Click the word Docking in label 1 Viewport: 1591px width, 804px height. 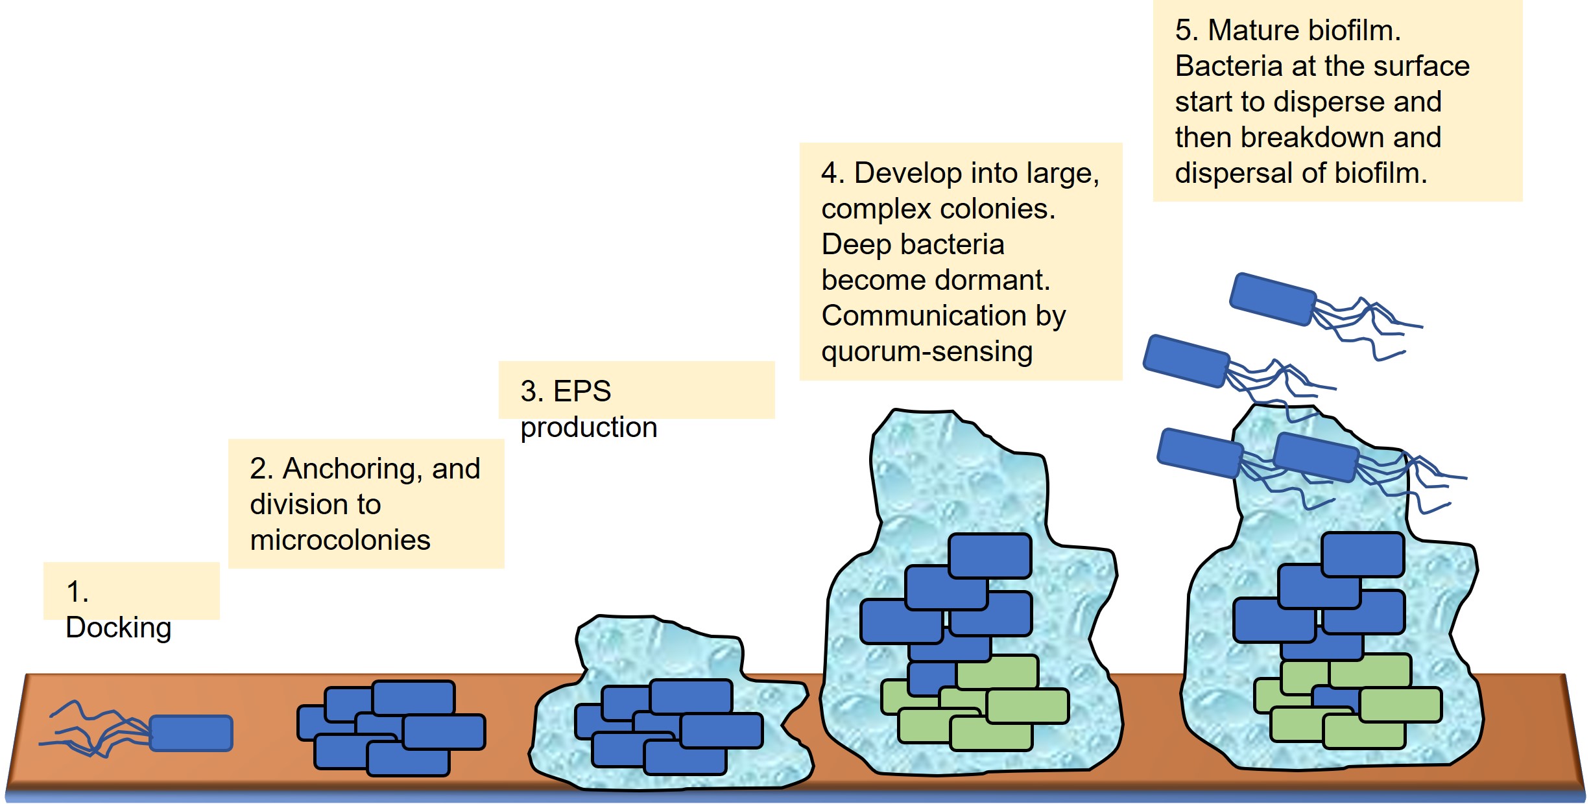pos(118,628)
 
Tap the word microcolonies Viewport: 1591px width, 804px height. pos(340,540)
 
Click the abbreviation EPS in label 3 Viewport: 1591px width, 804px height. pos(582,392)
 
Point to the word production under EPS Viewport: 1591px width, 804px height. pos(588,427)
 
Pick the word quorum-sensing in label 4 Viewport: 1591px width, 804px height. pos(926,352)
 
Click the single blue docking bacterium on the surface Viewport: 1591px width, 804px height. pos(191,733)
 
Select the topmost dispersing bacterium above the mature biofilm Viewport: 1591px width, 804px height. pos(1273,299)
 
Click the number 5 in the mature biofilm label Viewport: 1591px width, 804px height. pos(1183,30)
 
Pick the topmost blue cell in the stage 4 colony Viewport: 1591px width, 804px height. pos(989,556)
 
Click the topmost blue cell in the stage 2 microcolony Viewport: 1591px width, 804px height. pos(413,697)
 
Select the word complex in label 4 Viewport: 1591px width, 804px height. pos(876,209)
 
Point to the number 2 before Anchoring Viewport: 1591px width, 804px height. pos(257,469)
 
